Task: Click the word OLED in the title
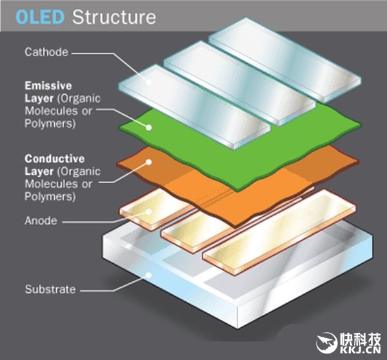pos(39,16)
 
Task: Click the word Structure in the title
pos(114,16)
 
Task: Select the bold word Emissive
pos(49,85)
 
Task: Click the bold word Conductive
pos(54,157)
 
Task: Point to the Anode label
pos(41,221)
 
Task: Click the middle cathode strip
pos(239,81)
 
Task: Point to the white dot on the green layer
pos(150,127)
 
